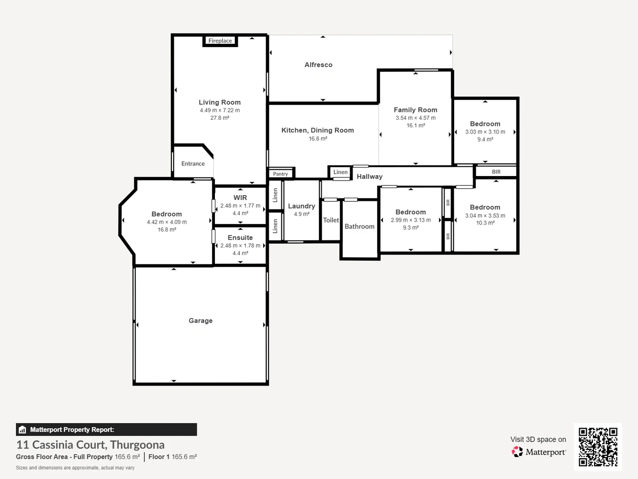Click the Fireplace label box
tap(220, 41)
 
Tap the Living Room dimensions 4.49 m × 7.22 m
tap(220, 110)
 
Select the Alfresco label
tap(318, 65)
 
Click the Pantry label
tap(280, 173)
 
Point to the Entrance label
tap(193, 164)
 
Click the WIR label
tap(240, 197)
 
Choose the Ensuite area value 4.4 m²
tap(240, 253)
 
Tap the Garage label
tap(201, 321)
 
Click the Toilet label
tap(331, 220)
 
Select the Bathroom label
tap(360, 226)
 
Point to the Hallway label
tap(370, 177)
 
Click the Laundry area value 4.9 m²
tap(301, 214)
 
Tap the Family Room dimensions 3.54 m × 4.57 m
tap(416, 118)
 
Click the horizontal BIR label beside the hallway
tap(496, 172)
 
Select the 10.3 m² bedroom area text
tap(485, 223)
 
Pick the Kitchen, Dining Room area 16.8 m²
tap(318, 138)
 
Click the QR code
tap(598, 447)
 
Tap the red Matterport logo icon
tap(517, 452)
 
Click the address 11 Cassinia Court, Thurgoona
tap(90, 445)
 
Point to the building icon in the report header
tap(23, 430)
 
